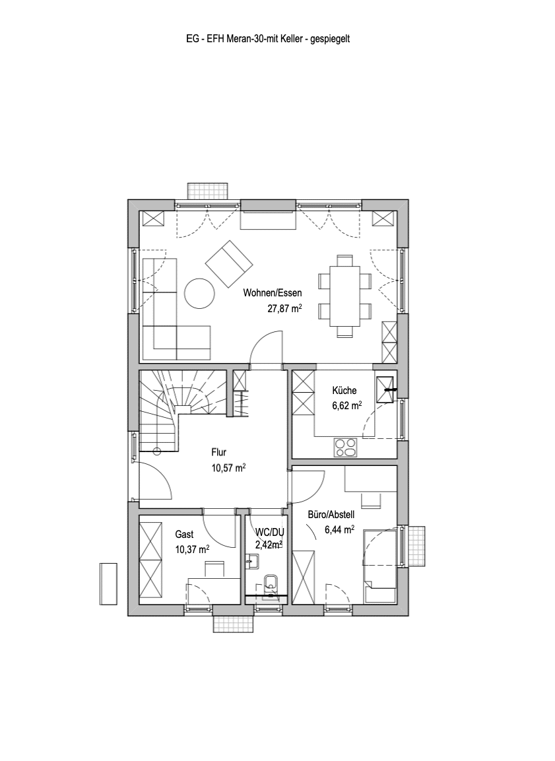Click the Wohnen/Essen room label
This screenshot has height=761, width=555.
coord(272,293)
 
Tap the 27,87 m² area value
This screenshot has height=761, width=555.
coord(285,308)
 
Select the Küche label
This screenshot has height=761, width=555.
coord(344,390)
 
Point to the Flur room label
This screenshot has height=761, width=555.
coord(219,452)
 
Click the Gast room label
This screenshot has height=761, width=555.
coord(184,535)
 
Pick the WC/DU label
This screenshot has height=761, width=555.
coord(270,532)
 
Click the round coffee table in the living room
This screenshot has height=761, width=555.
coord(200,292)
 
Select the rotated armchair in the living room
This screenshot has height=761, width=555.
coord(229,265)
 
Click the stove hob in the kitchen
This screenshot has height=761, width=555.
coord(345,447)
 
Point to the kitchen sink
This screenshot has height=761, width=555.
coord(385,389)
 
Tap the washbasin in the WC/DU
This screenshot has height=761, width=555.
coord(252,562)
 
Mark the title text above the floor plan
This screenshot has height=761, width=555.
coord(268,39)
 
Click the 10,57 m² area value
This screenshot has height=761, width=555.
coord(228,468)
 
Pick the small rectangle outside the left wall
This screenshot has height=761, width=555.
coord(109,583)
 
